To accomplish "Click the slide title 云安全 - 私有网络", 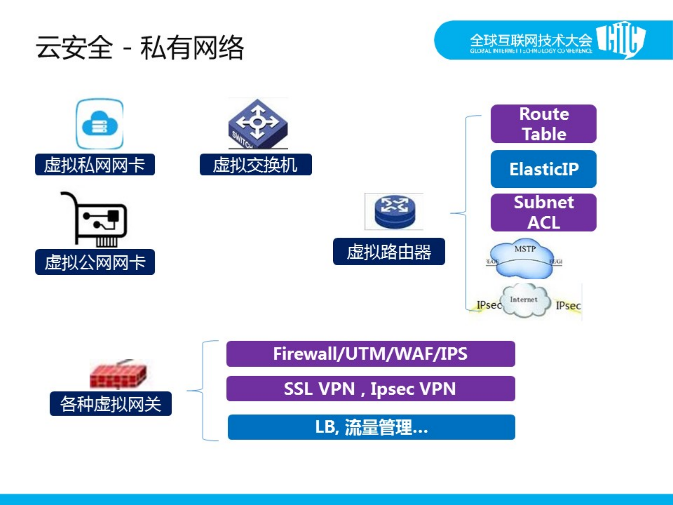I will coord(140,48).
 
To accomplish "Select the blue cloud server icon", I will coord(100,124).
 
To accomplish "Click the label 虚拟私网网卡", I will coord(95,165).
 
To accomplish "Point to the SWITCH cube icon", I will coord(258,124).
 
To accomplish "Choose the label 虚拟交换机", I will coord(256,165).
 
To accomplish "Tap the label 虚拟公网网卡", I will coord(95,262).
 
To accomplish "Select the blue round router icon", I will coord(394,211).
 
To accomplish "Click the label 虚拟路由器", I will coord(389,252).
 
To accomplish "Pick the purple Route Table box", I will coord(543,124).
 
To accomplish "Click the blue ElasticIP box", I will coord(543,169).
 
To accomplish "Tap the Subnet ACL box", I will coord(543,212).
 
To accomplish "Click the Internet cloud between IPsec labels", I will coord(524,301).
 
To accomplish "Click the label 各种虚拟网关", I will coord(110,404).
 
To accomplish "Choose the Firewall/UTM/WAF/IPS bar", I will coord(370,354).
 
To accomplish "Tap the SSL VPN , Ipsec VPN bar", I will coord(370,389).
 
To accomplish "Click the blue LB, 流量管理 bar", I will coord(371,427).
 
